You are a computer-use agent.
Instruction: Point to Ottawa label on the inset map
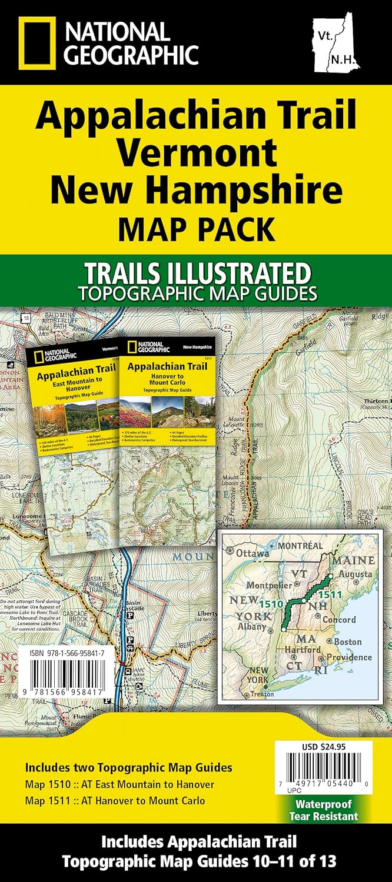[253, 553]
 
